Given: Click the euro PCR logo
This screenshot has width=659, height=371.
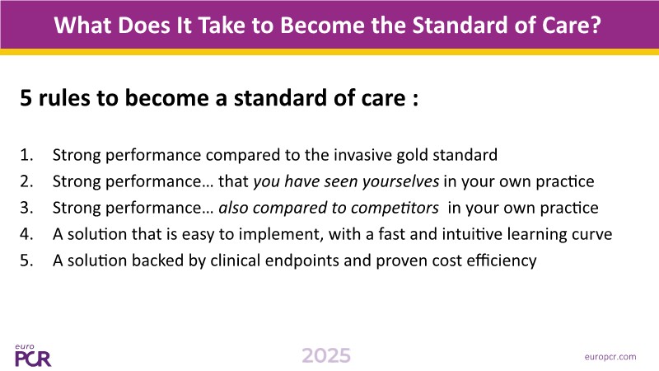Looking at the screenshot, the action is [x=33, y=355].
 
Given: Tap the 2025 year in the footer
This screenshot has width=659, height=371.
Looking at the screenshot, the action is [x=326, y=356].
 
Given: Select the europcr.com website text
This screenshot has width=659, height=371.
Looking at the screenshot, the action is [x=610, y=357].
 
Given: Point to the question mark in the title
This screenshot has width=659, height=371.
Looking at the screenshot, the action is [x=596, y=25].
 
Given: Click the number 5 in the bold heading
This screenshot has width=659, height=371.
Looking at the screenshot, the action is [x=26, y=98].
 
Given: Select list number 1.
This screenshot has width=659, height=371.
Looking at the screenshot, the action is [x=26, y=155].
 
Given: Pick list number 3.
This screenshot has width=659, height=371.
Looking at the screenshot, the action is [x=26, y=208].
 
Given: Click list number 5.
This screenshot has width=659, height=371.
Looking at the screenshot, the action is [x=26, y=261].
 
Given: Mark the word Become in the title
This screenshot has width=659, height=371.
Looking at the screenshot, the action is [x=324, y=25].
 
